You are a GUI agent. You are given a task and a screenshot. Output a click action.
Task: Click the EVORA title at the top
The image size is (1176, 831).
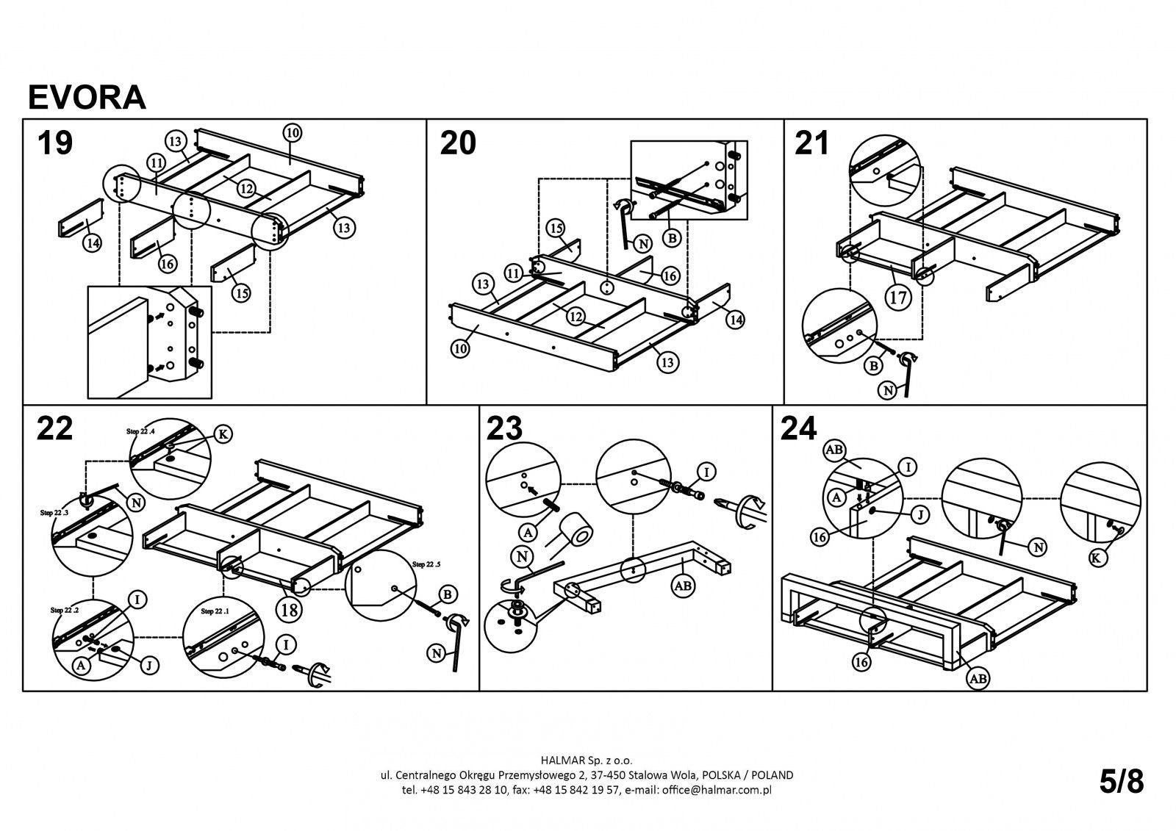[x=87, y=96]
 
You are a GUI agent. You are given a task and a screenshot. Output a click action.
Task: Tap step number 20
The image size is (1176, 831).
[x=457, y=143]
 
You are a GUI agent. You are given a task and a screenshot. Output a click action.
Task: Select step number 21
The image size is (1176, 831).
[x=812, y=143]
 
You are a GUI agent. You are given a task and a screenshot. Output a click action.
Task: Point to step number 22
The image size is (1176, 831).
[x=54, y=428]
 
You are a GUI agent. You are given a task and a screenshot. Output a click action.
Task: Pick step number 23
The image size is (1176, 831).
[x=504, y=428]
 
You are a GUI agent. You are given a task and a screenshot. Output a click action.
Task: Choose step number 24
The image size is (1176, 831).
[x=799, y=428]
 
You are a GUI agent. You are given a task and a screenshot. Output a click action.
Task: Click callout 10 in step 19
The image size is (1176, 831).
[x=292, y=133]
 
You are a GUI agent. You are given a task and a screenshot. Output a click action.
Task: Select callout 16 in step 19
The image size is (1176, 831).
[x=168, y=265]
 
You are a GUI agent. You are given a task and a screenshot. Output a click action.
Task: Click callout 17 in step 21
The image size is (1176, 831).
[x=898, y=298]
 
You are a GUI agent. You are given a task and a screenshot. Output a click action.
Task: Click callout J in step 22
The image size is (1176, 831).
[x=148, y=666]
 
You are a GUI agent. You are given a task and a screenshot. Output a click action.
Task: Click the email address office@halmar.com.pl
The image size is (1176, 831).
[x=716, y=790]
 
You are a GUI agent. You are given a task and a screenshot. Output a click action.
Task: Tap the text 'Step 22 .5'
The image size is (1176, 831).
[x=429, y=564]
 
